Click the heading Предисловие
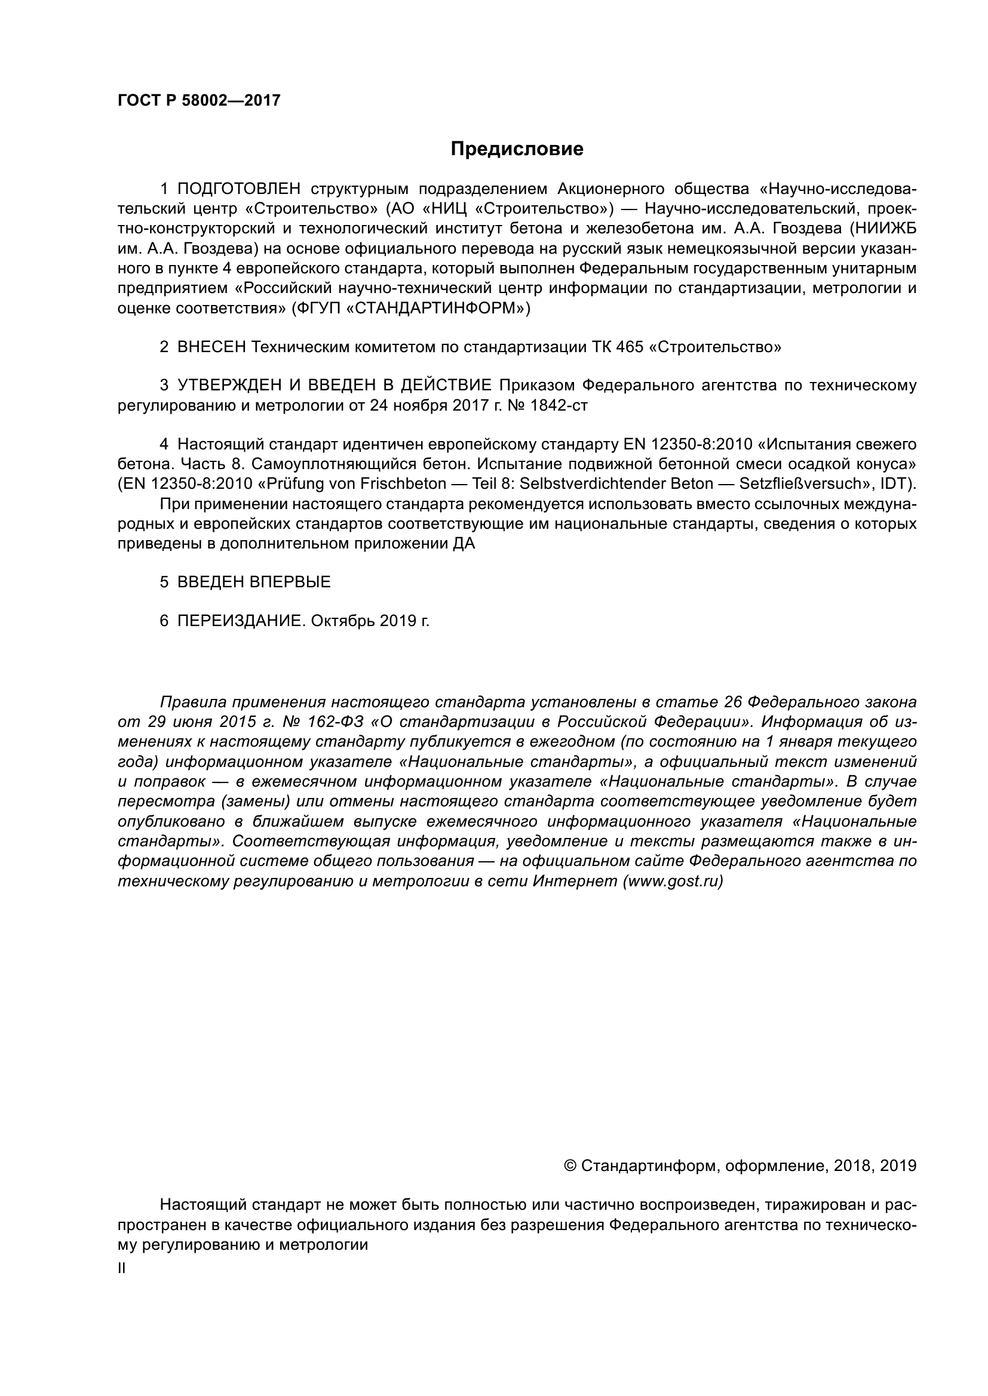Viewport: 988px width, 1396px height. tap(517, 149)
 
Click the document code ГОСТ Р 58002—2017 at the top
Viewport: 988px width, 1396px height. tap(199, 101)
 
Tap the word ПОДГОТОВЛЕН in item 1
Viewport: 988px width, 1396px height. tap(239, 189)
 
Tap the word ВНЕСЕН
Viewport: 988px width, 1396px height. tap(211, 347)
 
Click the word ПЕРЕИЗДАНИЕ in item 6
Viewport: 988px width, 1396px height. tap(239, 621)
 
